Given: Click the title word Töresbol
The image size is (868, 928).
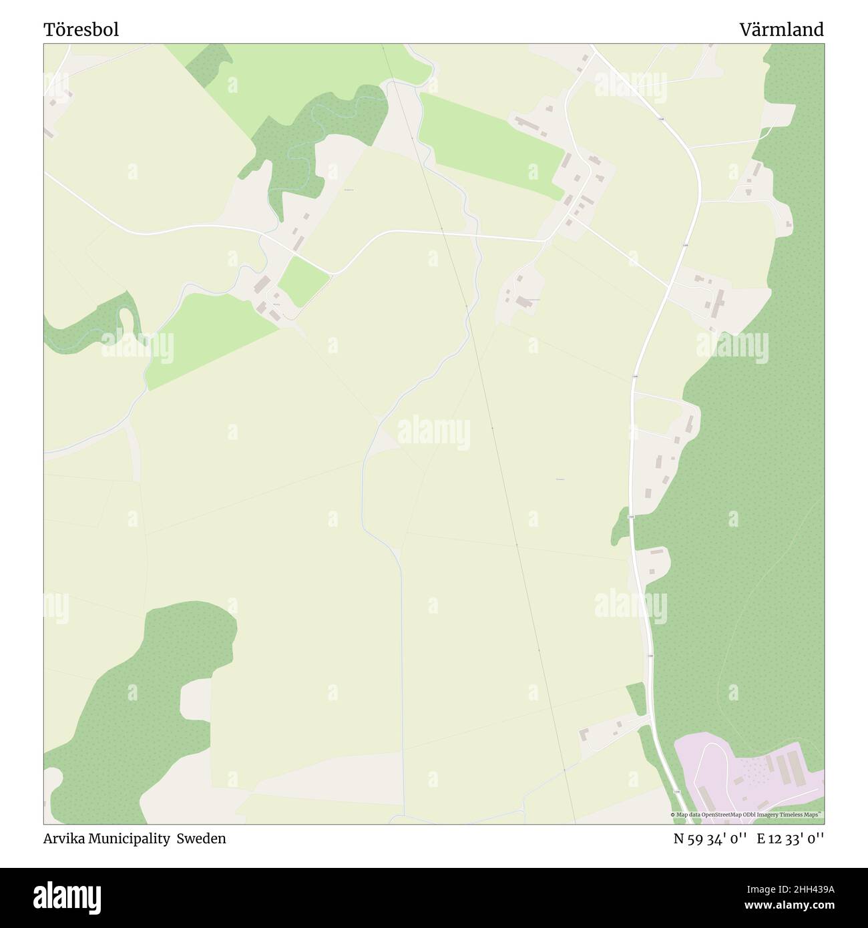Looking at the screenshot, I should click(81, 30).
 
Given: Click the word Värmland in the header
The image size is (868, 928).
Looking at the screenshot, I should click(781, 30).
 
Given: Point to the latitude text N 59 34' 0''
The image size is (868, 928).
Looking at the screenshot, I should click(708, 839).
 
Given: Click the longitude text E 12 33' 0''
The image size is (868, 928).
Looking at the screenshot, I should click(790, 839).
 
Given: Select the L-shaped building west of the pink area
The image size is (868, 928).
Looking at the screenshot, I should click(586, 734).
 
